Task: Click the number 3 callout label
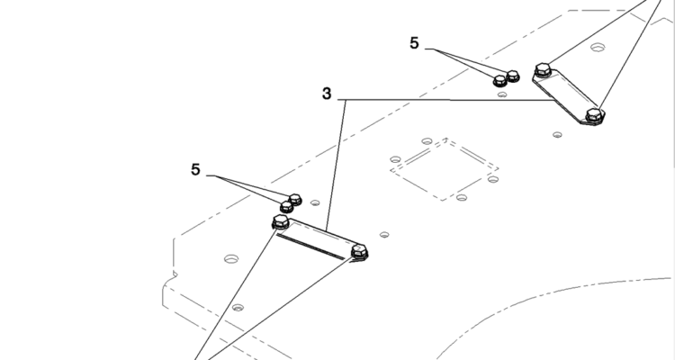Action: [x=327, y=94]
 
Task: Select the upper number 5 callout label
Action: [x=414, y=42]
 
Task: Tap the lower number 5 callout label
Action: [x=195, y=168]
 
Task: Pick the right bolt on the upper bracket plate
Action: [x=593, y=114]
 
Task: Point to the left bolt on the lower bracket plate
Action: [x=280, y=221]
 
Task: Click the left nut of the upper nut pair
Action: [x=500, y=81]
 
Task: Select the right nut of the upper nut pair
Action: [x=513, y=75]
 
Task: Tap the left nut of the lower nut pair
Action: [x=286, y=207]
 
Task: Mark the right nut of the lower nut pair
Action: [x=295, y=199]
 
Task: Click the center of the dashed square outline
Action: [x=445, y=169]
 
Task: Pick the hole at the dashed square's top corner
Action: [x=425, y=141]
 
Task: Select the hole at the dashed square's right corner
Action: [x=494, y=178]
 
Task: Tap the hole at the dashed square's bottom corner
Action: [x=462, y=197]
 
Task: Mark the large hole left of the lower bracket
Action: [x=231, y=258]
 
